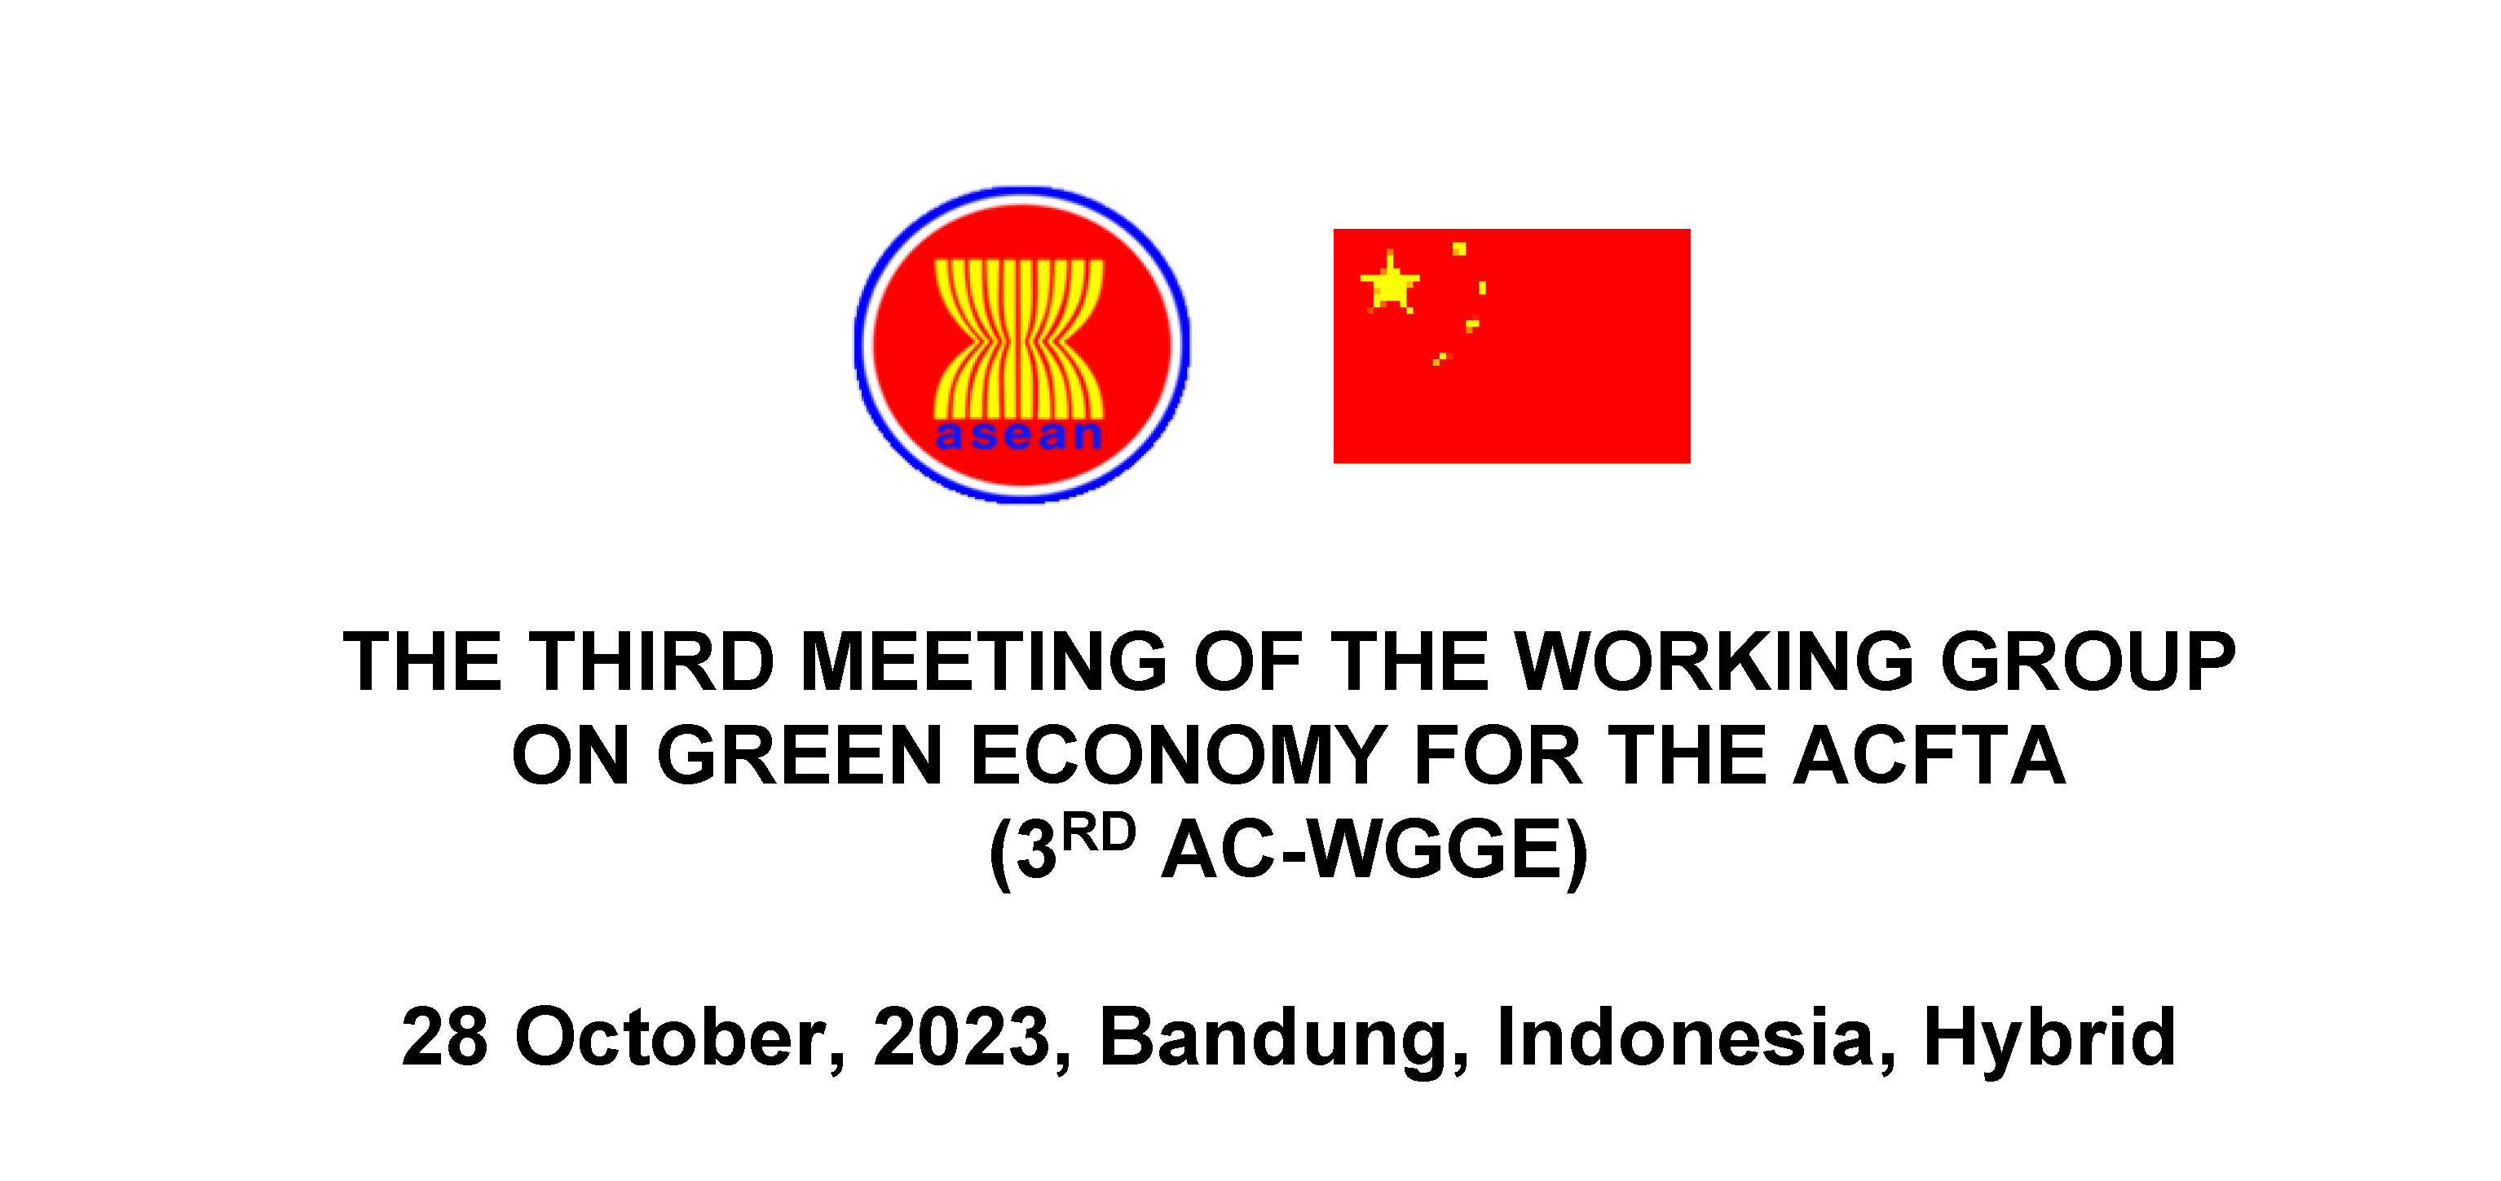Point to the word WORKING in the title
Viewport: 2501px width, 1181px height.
tap(1714, 662)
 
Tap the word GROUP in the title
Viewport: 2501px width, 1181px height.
tap(2088, 662)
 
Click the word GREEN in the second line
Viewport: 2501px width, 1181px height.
tap(799, 756)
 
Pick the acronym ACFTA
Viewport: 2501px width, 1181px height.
tap(1930, 756)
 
